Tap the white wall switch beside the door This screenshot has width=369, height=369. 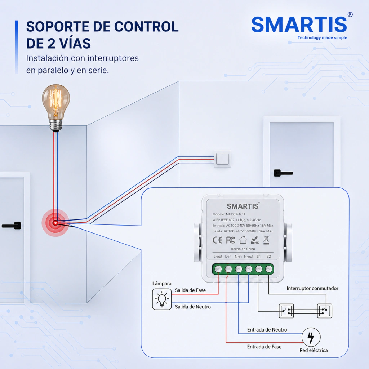click(222, 159)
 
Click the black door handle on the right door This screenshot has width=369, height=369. click(283, 173)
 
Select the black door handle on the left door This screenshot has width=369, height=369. click(12, 226)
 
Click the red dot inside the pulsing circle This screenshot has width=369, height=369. click(55, 223)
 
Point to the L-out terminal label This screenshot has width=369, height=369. click(218, 257)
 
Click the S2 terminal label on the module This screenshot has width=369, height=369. click(268, 257)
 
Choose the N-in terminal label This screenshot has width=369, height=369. click(238, 257)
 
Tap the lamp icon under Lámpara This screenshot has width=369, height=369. click(162, 299)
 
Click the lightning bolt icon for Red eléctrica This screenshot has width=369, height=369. click(311, 337)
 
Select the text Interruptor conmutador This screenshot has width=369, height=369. click(312, 288)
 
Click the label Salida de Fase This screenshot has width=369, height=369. click(190, 290)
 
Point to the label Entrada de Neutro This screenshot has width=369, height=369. click(267, 330)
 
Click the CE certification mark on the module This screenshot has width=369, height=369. click(217, 240)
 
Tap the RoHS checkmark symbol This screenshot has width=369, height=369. click(255, 240)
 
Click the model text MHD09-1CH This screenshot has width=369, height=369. click(235, 214)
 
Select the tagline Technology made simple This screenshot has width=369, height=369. click(323, 37)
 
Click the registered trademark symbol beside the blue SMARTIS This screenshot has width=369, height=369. click(350, 14)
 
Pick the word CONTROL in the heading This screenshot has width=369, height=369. click(146, 27)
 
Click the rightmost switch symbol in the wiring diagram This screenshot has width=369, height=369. click(325, 311)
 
